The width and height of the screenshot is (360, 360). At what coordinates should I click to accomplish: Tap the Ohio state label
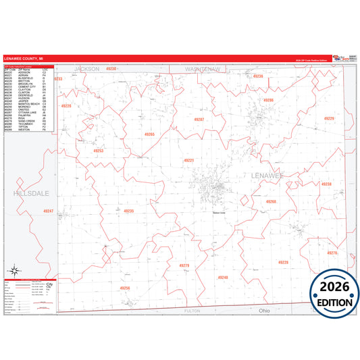(x=265, y=311)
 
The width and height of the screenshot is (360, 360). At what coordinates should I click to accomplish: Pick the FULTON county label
(x=192, y=311)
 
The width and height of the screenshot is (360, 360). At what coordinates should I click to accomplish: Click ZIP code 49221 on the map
(x=189, y=160)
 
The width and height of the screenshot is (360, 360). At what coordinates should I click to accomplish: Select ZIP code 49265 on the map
(x=149, y=134)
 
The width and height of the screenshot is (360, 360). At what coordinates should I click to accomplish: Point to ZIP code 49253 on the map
(x=99, y=151)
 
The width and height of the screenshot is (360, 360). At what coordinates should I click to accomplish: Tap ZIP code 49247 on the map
(x=48, y=211)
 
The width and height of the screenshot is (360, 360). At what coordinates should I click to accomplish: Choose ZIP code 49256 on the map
(x=124, y=288)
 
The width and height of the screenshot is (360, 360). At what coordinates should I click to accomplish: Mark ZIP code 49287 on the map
(x=199, y=120)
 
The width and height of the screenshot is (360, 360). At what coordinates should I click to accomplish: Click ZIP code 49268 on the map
(x=271, y=201)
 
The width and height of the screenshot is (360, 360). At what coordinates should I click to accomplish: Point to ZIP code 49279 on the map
(x=184, y=265)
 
